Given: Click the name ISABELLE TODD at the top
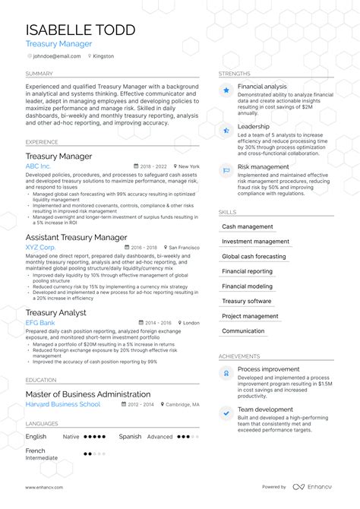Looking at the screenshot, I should (81, 30).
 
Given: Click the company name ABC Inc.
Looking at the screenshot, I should (38, 166).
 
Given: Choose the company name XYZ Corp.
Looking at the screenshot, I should (40, 248).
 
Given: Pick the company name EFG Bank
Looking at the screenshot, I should (40, 323).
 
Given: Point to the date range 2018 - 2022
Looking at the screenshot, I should (154, 166).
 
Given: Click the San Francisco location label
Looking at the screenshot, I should (184, 248).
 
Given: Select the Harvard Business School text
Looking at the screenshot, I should (62, 404).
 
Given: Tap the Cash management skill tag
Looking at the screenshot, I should (247, 226).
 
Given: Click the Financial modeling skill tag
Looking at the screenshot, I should (247, 286).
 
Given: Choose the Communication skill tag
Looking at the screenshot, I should (243, 331).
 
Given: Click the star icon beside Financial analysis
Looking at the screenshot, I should (226, 90).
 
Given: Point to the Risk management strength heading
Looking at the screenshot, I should (263, 166).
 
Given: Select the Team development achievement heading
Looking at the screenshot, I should (265, 409).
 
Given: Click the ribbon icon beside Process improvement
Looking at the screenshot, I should (226, 372).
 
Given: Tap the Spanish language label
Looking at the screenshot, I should (130, 437).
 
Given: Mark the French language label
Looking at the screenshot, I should (36, 450).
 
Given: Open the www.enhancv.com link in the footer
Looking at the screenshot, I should (44, 487).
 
